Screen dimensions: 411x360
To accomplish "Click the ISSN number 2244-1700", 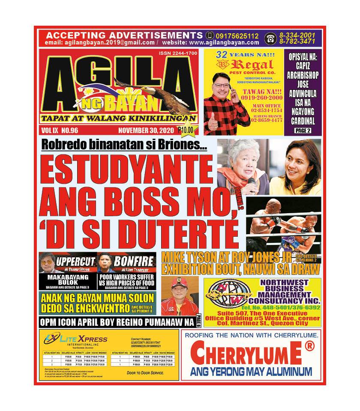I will [177, 53].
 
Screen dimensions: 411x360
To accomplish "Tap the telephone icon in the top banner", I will [270, 39].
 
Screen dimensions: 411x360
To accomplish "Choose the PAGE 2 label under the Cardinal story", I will [303, 131].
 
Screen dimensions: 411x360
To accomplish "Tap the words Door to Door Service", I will [146, 373].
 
